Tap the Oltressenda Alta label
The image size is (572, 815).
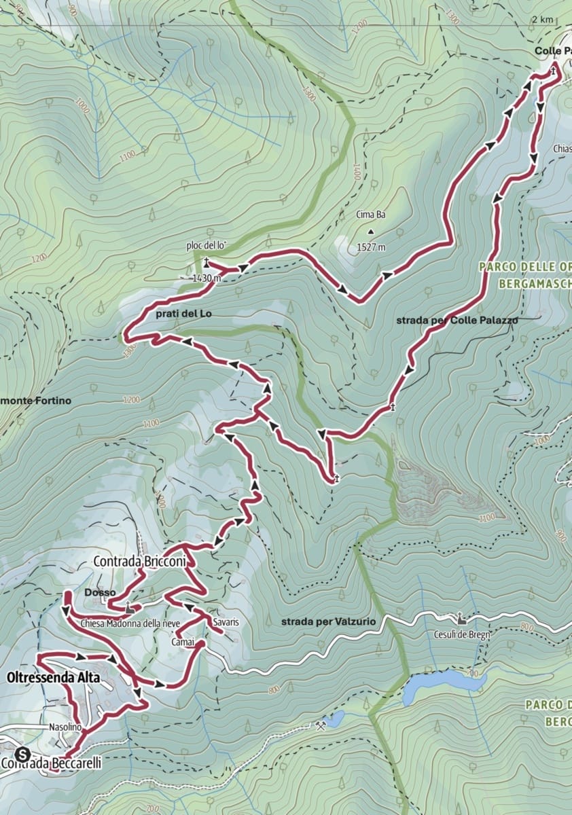click(x=54, y=678)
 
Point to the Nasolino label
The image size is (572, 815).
click(x=65, y=727)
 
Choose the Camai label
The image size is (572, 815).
click(x=183, y=642)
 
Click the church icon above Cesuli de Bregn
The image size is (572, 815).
click(x=461, y=617)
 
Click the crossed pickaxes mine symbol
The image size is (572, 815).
click(x=320, y=725)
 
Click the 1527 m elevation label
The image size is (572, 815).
click(x=371, y=248)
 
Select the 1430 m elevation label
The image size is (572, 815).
click(x=207, y=278)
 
